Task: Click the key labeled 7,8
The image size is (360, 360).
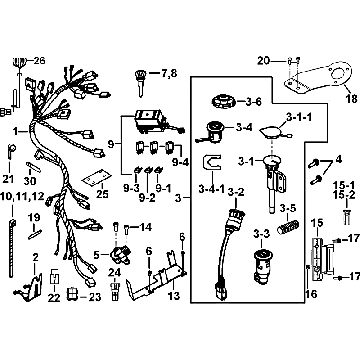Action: tap(140, 83)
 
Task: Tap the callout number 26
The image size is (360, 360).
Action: tap(39, 61)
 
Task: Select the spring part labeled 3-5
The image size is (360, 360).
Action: tap(288, 227)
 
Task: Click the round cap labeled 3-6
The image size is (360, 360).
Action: tap(223, 101)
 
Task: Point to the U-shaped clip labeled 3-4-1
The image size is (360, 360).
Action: tap(211, 162)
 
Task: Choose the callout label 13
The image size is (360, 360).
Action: tap(174, 296)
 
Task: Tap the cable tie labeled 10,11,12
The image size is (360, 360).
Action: tap(12, 248)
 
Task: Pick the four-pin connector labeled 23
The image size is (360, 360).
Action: tap(72, 294)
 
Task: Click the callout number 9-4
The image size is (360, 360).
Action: tap(180, 162)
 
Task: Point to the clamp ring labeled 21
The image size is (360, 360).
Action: tap(10, 151)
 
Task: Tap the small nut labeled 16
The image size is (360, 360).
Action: tap(308, 267)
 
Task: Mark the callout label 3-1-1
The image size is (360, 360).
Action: tap(299, 117)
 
